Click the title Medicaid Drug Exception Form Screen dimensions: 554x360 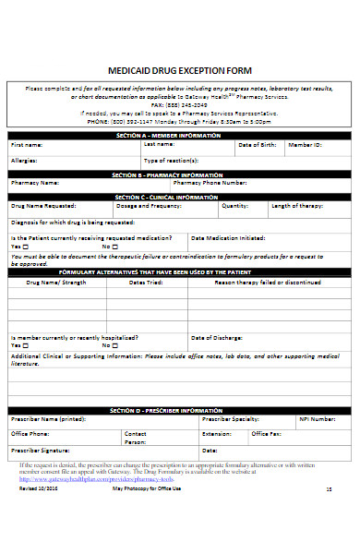180,70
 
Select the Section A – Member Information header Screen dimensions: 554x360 179,135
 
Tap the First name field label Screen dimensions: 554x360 27,145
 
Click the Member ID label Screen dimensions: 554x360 305,145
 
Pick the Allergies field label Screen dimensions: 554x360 24,160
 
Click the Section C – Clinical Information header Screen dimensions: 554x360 179,198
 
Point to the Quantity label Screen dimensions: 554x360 235,207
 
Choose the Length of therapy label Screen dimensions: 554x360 294,207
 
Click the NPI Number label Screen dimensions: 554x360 317,418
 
